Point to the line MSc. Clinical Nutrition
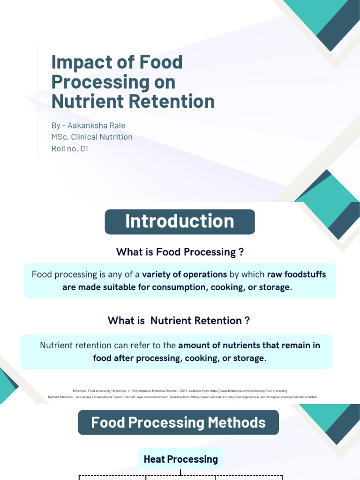coord(92,137)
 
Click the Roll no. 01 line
coord(70,149)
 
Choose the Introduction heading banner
coord(180,222)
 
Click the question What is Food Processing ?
coord(180,252)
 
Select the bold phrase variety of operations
coord(185,274)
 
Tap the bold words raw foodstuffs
coord(296,274)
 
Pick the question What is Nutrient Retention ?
coord(179,321)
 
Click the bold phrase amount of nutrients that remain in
coord(249,345)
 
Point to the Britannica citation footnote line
coord(180,390)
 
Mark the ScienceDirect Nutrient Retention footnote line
coord(183,397)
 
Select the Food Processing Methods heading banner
coord(178,422)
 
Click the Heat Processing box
coord(180,459)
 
